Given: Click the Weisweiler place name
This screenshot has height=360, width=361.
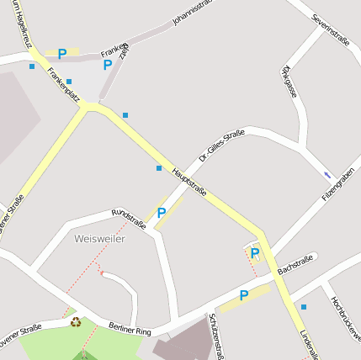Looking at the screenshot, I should (99, 239).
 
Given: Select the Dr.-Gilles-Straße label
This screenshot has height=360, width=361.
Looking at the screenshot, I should (221, 145).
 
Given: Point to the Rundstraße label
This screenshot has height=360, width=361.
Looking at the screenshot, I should (129, 216).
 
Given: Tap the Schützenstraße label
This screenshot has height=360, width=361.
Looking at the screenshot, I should (218, 336).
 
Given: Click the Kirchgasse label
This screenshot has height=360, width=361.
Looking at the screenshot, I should (290, 81).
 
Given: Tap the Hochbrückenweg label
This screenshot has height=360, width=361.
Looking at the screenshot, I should (345, 318).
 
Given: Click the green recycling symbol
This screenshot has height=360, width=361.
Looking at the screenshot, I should (76, 321).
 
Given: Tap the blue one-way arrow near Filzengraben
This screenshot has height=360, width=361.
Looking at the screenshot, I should (327, 175).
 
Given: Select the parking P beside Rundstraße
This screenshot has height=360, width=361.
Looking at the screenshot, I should (162, 213).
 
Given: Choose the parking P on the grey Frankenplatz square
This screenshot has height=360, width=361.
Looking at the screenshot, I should (107, 65).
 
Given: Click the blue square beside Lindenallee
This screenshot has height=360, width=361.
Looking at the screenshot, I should (304, 307).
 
